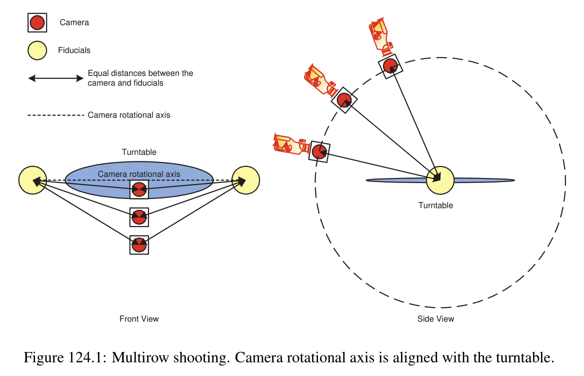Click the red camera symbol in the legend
[x=37, y=22]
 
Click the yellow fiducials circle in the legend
[x=37, y=50]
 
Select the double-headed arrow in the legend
[x=55, y=78]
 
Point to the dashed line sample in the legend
[x=55, y=115]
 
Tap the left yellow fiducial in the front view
[x=32, y=180]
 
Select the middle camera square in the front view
[x=139, y=217]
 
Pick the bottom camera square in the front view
[x=139, y=245]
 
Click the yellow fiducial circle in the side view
[x=439, y=179]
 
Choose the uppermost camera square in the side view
[x=389, y=65]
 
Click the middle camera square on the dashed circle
[x=344, y=100]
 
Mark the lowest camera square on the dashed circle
[x=319, y=151]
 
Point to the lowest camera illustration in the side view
[x=289, y=143]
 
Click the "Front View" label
[x=139, y=318]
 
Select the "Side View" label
[x=435, y=318]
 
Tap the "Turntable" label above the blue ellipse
[x=139, y=152]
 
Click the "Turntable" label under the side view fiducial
[x=435, y=205]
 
